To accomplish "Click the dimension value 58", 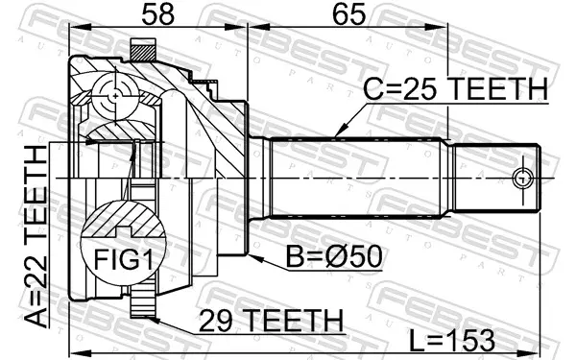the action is pos(158,14).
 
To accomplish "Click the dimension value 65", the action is pos(348,14).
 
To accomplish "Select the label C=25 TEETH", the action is pos(455,89).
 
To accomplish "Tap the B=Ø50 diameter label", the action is pos(334,256).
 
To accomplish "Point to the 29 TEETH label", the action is pos(271,321).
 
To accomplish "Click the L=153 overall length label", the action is pos(452,340).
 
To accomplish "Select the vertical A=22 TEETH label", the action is pos(36,236).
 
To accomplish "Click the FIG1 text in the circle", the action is pos(123,259).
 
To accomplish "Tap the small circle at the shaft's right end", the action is pos(521,179).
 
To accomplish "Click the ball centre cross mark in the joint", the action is pos(115,96).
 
